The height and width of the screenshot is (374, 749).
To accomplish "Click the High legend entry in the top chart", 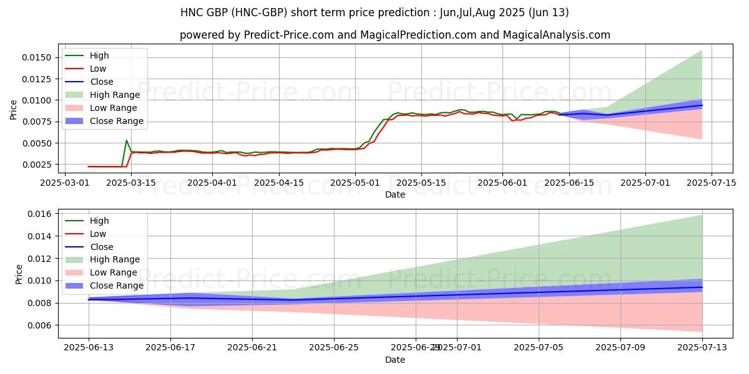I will tap(99, 55).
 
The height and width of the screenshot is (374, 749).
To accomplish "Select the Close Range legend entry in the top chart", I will tap(116, 121).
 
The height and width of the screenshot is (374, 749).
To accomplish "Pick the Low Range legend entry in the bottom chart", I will tap(114, 272).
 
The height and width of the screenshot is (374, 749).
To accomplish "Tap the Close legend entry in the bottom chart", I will tap(101, 247).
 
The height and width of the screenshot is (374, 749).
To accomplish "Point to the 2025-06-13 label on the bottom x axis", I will tap(89, 348).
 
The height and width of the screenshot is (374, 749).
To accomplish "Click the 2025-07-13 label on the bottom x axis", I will tap(702, 348).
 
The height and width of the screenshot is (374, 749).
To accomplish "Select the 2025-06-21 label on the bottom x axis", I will tap(252, 348).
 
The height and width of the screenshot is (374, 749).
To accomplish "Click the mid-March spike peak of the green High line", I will tap(127, 140).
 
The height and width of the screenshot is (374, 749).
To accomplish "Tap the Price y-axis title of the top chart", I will tap(14, 109).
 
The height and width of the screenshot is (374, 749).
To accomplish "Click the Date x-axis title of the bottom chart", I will tap(395, 360).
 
